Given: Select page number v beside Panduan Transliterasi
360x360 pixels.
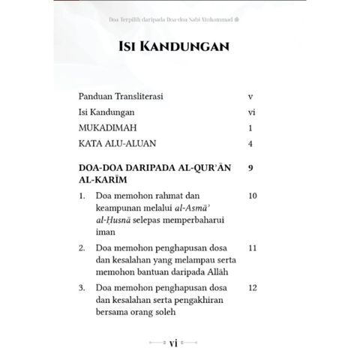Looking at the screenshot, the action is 250,97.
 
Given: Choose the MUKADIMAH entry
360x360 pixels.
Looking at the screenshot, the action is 108,127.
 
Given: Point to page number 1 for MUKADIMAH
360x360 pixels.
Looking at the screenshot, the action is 250,127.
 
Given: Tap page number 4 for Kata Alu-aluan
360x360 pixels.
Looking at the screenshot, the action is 250,142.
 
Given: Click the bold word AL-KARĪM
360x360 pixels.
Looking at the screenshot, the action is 103,181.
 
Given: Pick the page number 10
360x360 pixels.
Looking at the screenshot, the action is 252,196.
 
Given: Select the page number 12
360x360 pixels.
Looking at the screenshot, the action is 252,288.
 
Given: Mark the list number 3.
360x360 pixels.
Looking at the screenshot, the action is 82,288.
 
